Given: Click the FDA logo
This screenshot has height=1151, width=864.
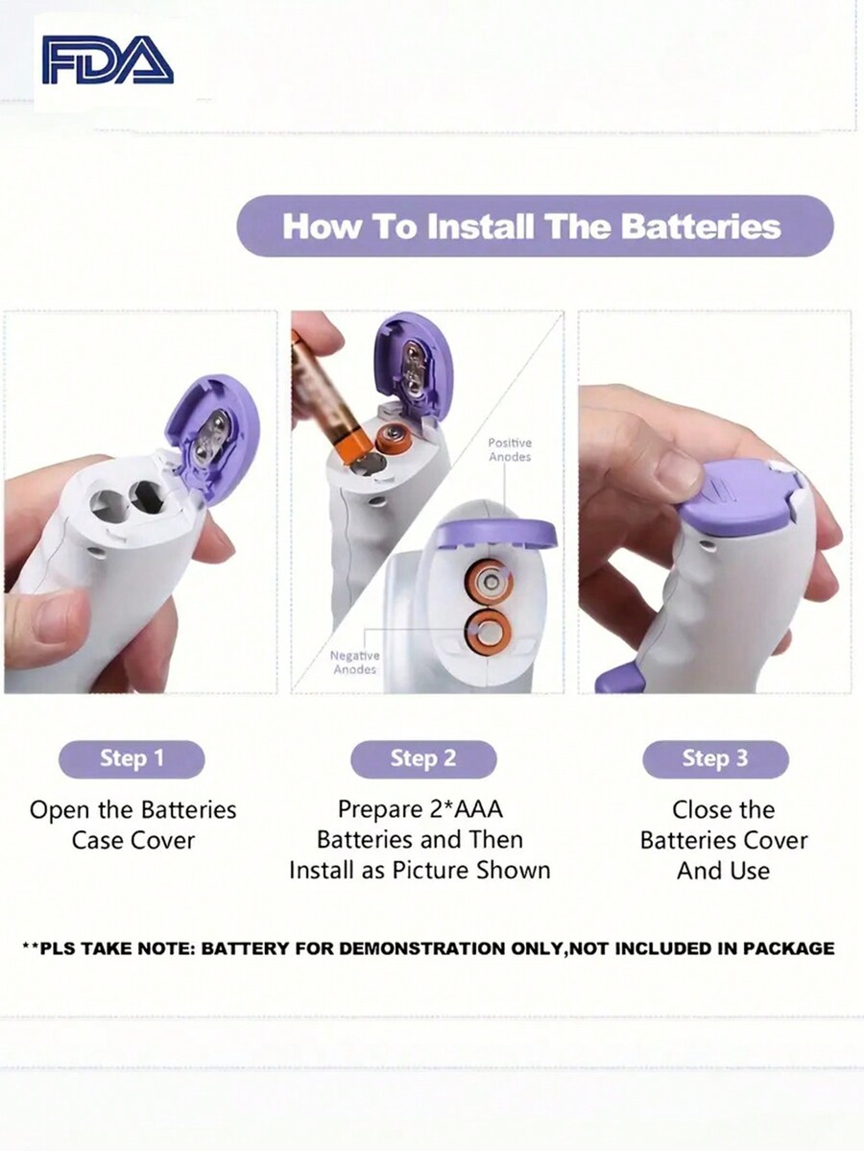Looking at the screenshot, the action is [x=108, y=60].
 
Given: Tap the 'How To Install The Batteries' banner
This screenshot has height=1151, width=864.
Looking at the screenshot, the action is [x=535, y=226].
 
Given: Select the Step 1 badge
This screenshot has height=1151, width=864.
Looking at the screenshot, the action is [x=132, y=758].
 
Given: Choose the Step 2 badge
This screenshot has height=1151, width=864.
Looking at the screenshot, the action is [x=423, y=758].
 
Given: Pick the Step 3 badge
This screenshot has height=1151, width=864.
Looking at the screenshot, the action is [x=715, y=758].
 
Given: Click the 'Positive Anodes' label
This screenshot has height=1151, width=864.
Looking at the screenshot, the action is [x=510, y=449].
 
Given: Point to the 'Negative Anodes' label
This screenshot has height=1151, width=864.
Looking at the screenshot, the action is [x=354, y=662].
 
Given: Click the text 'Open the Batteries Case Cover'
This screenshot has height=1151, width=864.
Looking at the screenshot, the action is [x=132, y=825].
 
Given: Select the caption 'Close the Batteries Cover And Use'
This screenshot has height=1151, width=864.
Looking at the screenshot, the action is [x=724, y=840].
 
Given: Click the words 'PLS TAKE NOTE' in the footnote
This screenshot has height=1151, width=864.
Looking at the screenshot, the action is [x=117, y=948].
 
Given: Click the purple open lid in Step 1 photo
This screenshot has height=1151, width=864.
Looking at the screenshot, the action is [x=213, y=438].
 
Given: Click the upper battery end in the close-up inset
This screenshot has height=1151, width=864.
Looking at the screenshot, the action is [x=489, y=583].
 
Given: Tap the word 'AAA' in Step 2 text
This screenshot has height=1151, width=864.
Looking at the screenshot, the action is [x=478, y=809].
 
